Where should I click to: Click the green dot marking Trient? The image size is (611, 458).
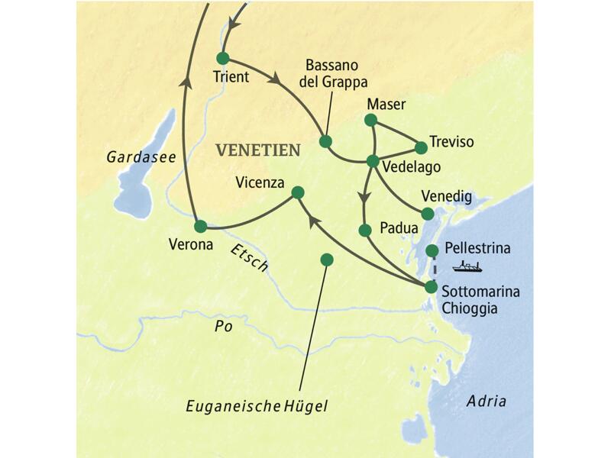[222, 58]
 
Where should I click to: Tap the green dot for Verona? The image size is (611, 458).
[200, 227]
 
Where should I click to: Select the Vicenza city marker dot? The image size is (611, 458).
[298, 192]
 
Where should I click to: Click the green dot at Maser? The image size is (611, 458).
[370, 120]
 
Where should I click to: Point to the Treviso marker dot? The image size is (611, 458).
[420, 147]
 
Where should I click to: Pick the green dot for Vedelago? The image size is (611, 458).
[373, 161]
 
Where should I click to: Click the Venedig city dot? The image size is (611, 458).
[428, 214]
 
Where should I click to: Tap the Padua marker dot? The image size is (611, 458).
[364, 230]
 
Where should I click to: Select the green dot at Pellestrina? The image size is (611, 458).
[432, 250]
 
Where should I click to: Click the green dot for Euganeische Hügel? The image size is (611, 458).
[327, 260]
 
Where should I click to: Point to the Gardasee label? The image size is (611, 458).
[141, 157]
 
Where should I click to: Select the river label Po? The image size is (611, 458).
[222, 324]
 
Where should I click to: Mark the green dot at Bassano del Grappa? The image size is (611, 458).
[325, 141]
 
